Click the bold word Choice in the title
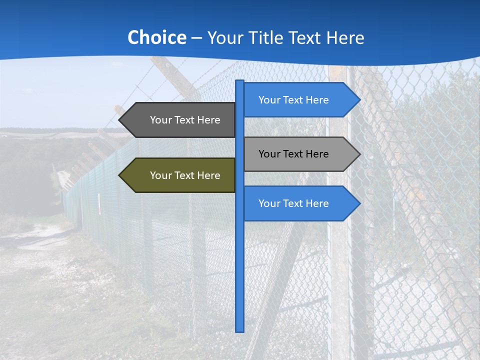[x=156, y=38]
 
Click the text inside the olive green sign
[x=185, y=175]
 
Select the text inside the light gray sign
[x=293, y=154]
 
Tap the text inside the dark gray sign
[x=185, y=120]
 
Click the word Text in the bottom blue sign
[x=293, y=203]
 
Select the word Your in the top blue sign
[x=269, y=100]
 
